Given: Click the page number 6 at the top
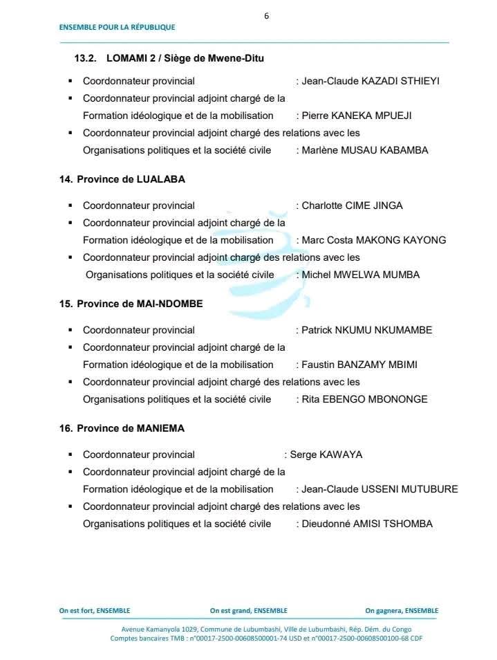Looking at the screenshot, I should (x=266, y=16).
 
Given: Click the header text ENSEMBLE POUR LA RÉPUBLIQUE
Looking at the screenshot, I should (x=117, y=28).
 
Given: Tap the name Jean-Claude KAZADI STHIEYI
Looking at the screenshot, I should (x=371, y=81).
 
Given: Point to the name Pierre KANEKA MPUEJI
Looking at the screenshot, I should (x=356, y=116).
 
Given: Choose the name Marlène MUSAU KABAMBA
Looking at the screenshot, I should (x=365, y=150).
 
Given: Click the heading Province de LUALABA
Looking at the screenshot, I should (x=122, y=179).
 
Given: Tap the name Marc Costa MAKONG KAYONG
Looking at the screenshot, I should (x=373, y=240).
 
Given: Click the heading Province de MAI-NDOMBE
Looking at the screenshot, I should (x=131, y=304).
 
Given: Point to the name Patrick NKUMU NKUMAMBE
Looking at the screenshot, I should (x=366, y=330).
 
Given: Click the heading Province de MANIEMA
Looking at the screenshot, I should (x=122, y=428).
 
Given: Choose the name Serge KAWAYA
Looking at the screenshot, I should (x=326, y=455).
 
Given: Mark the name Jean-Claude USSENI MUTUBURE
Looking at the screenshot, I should (x=379, y=489).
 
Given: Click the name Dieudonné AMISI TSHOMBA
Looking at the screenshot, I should (x=367, y=524).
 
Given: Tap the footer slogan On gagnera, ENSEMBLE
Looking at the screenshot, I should (x=402, y=611).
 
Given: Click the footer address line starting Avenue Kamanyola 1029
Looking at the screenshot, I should (x=266, y=629).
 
